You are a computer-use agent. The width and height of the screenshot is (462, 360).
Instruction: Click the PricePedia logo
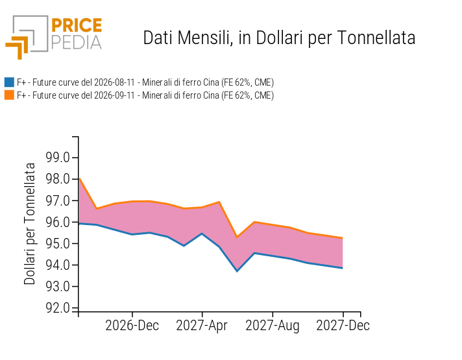pyautogui.click(x=54, y=37)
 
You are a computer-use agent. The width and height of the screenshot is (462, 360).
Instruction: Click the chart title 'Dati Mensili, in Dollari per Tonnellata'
pyautogui.click(x=279, y=38)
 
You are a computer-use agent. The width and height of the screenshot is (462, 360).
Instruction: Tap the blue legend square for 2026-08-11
pyautogui.click(x=9, y=82)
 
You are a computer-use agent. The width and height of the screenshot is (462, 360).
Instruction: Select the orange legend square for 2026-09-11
pyautogui.click(x=9, y=95)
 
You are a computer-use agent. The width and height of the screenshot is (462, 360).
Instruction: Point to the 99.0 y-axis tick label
pyautogui.click(x=58, y=158)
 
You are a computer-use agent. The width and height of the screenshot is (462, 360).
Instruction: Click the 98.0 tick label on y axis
pyautogui.click(x=58, y=179)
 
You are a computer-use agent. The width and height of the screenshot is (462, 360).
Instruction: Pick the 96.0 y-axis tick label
pyautogui.click(x=58, y=222)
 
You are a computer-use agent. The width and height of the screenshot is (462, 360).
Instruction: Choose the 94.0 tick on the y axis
pyautogui.click(x=58, y=265)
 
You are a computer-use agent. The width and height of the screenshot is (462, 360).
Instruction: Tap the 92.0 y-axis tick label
pyautogui.click(x=58, y=308)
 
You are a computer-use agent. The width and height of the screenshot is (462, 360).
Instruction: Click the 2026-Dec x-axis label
pyautogui.click(x=132, y=326)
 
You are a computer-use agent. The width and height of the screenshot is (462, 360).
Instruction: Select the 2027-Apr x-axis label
pyautogui.click(x=202, y=326)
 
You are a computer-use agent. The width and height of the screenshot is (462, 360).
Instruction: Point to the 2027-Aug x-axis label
pyautogui.click(x=273, y=326)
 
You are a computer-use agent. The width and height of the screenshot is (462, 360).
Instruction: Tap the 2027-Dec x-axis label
pyautogui.click(x=343, y=326)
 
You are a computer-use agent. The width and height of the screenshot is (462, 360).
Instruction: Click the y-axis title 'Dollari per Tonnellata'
pyautogui.click(x=29, y=224)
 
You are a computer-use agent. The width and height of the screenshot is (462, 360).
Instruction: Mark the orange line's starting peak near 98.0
pyautogui.click(x=80, y=178)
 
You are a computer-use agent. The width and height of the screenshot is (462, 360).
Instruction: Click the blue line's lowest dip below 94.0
pyautogui.click(x=237, y=271)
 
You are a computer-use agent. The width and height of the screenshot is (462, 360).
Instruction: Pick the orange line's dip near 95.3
pyautogui.click(x=237, y=237)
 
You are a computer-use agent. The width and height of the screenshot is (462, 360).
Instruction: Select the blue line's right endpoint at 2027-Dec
pyautogui.click(x=343, y=268)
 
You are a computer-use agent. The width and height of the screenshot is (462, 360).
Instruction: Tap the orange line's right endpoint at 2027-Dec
pyautogui.click(x=343, y=238)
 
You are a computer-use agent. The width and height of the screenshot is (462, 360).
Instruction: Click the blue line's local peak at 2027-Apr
pyautogui.click(x=202, y=234)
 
